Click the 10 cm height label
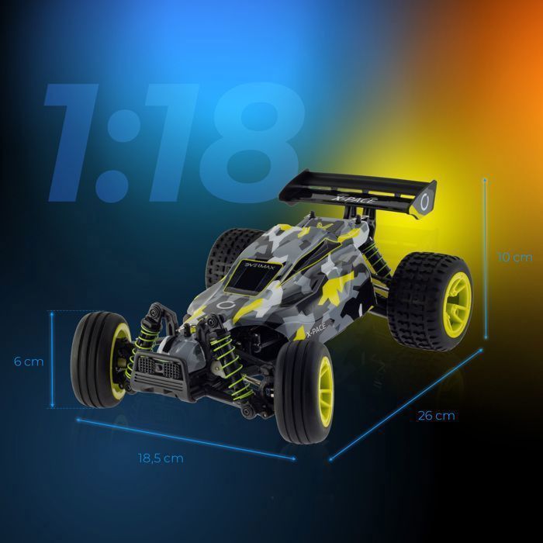coord(514,258)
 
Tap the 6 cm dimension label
coord(29,361)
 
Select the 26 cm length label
coord(436,416)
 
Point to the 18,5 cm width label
coord(161,458)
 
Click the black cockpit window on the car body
coord(253,276)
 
